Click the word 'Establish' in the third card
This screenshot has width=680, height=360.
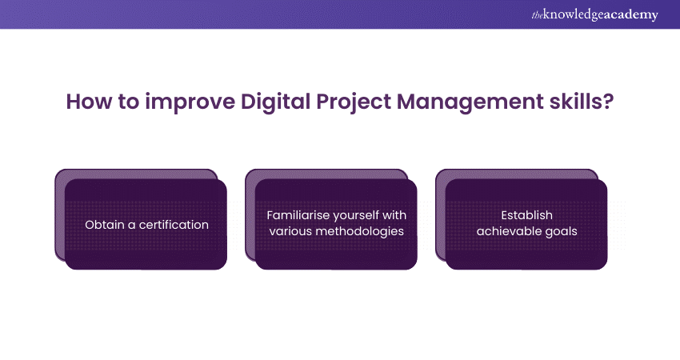click(x=526, y=216)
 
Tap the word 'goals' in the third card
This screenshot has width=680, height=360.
click(x=559, y=232)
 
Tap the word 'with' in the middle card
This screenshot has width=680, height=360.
click(x=393, y=216)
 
